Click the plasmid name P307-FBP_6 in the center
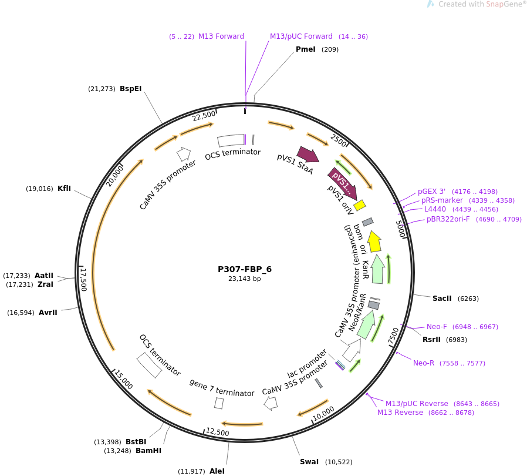pos(245,269)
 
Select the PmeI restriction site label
pos(306,49)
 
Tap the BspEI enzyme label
pos(130,89)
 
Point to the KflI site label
pos(64,189)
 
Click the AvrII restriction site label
pos(48,313)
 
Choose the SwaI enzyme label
pos(309,462)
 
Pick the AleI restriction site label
pos(217,471)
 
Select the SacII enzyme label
pos(442,299)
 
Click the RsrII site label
pos(432,340)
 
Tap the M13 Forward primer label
pos(221,36)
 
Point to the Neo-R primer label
pos(424,363)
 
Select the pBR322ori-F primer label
pos(448,219)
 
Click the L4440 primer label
pos(435,209)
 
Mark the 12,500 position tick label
pos(218,432)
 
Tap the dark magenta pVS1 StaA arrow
pos(308,155)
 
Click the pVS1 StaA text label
pos(295,165)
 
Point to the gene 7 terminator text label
pos(222,388)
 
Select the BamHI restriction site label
pos(148,451)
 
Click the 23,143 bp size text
pos(245,279)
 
